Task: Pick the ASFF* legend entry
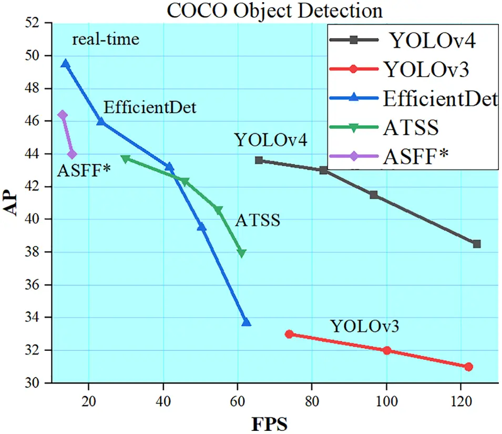(415, 156)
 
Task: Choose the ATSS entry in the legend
(412, 127)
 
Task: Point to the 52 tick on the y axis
(39, 23)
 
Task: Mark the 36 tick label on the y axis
(39, 285)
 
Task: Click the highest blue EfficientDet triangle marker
(66, 63)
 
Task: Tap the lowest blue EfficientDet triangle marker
(246, 322)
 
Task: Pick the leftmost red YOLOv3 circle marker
(289, 334)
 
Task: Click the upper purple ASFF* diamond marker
(63, 115)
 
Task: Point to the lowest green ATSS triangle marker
(242, 253)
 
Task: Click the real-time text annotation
(106, 39)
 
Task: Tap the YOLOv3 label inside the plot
(365, 326)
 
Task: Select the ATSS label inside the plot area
(257, 220)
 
